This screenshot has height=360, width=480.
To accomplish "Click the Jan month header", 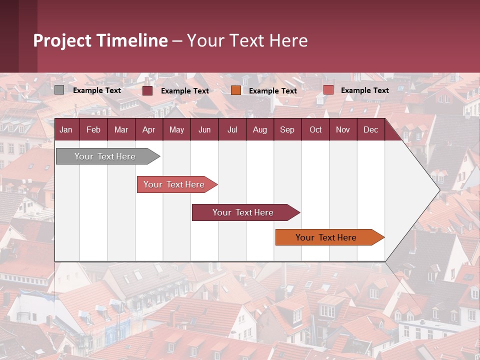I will tap(66, 130).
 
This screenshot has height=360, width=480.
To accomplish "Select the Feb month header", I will tap(93, 130).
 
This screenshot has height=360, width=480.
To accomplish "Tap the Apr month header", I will tap(148, 130).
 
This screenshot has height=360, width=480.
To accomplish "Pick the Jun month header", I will tap(204, 130).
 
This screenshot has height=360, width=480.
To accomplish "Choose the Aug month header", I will tap(259, 130).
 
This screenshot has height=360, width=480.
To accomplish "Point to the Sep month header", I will tap(287, 130).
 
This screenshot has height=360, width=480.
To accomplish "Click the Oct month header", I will tap(315, 130).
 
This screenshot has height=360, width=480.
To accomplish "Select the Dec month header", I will tap(370, 130).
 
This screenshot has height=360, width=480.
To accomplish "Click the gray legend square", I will tap(59, 90).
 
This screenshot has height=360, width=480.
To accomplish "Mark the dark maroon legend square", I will tap(147, 90).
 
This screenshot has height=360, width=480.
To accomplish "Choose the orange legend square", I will tap(236, 90).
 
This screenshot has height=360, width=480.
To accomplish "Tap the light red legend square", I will tap(328, 90).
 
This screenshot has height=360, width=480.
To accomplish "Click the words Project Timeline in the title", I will tap(100, 40).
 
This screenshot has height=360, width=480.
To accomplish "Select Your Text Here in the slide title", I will tap(247, 40).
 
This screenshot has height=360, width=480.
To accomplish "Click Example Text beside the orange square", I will tap(272, 91).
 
